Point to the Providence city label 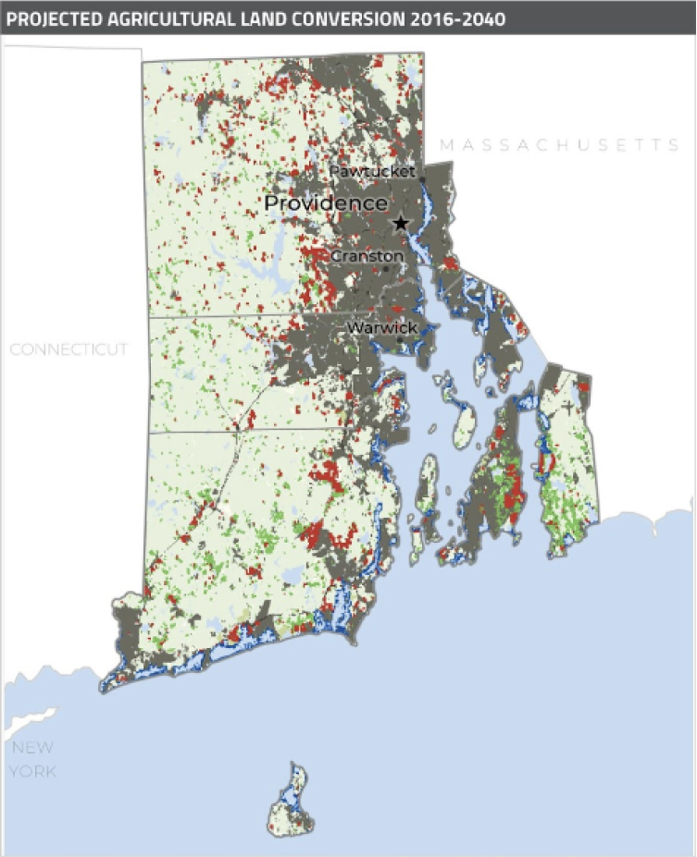(326, 203)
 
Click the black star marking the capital (401, 223)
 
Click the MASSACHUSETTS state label (560, 145)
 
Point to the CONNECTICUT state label (68, 349)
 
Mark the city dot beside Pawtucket (422, 178)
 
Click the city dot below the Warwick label (399, 339)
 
